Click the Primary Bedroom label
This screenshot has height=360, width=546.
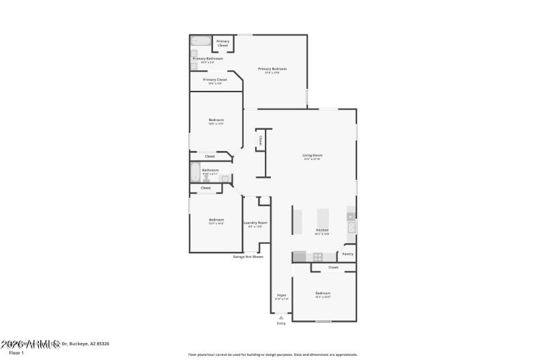pos(272,69)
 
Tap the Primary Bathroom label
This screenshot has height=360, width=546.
pos(207,59)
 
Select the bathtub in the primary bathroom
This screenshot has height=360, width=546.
pos(200,40)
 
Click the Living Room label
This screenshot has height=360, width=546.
pos(312,156)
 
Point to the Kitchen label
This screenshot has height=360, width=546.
pos(322,230)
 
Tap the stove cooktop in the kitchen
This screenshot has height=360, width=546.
pos(317,257)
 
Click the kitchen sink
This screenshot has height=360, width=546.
pos(351,227)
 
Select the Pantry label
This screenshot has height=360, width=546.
pos(347,254)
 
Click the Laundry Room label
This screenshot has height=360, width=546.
pos(255,223)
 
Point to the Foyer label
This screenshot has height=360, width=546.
pos(281,295)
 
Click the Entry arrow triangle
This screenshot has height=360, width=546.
pos(281,317)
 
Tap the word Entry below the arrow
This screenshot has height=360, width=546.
pos(281,323)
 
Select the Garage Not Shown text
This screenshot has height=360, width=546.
pos(248,257)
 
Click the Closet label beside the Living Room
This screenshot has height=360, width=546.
pos(260,140)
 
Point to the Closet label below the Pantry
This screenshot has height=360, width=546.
pos(333,267)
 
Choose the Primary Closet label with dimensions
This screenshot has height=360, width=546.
pos(215,80)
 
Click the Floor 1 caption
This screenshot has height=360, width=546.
pos(16,352)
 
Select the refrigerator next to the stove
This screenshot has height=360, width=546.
pos(300,257)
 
